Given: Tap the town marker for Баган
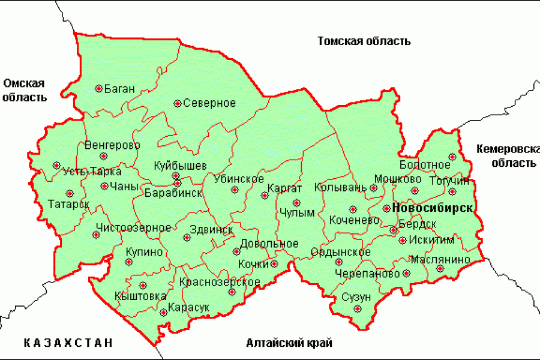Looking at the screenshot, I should (x=99, y=89).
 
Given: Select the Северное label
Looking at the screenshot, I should (x=209, y=103).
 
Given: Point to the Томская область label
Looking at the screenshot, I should (x=364, y=41).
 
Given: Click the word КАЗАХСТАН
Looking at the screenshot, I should (x=68, y=343).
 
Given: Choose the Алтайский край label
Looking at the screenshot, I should (x=289, y=343).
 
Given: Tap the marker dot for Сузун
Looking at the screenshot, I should (x=358, y=309).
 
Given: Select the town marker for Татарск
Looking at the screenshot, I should (x=70, y=193).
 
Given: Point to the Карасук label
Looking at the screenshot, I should (x=189, y=307).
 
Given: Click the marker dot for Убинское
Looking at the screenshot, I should (x=235, y=190).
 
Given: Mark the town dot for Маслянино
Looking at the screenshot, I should (x=440, y=269).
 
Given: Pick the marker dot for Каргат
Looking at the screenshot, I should (x=264, y=196).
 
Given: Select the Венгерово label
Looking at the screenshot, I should (x=112, y=145).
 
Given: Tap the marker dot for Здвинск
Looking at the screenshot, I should (x=187, y=238).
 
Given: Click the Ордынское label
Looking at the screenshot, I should (x=340, y=252).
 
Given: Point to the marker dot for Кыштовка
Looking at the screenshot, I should (x=143, y=286).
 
